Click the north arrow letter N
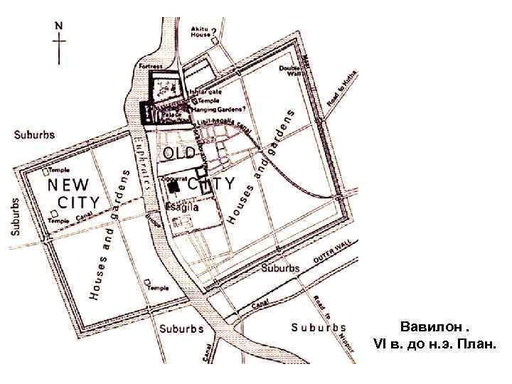(60, 24)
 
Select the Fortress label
(150, 66)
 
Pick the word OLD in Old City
(179, 154)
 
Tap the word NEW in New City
(68, 183)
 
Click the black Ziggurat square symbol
(173, 186)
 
